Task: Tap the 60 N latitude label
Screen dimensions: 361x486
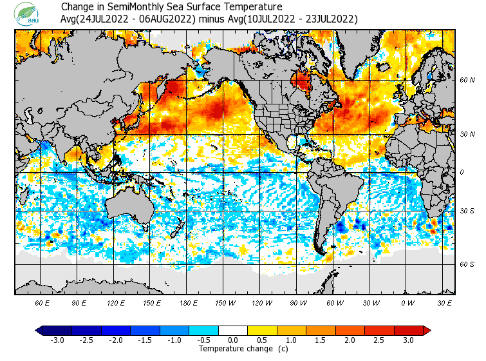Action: (467, 80)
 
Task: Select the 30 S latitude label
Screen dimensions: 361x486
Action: (467, 211)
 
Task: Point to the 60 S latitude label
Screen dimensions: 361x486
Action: (467, 264)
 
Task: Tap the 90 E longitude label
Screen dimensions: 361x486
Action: (79, 302)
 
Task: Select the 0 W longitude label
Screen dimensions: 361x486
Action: (407, 302)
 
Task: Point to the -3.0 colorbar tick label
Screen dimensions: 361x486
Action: (57, 340)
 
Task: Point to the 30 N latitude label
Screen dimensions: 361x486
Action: (467, 134)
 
